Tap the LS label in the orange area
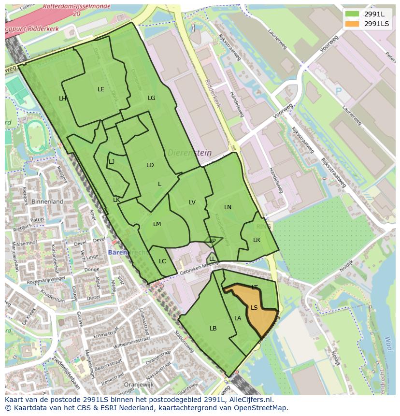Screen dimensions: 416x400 pos(254,308)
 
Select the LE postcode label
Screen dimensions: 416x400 pos(101,89)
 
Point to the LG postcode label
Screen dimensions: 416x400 pos(152,98)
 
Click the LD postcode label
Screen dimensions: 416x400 pos(150,165)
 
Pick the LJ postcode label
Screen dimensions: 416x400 pos(112,162)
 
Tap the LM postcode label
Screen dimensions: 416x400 pos(157,224)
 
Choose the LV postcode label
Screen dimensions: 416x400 pos(192,202)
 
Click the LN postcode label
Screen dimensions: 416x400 pos(228,207)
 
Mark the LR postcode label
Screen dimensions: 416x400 pos(257,240)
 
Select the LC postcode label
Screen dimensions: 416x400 pos(162,261)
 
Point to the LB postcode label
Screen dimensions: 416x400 pos(213,329)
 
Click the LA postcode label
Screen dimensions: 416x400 pos(238,318)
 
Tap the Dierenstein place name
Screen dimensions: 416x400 pos(190,153)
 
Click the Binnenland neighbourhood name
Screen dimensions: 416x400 pos(47,201)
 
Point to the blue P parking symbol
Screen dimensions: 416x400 pos(338,91)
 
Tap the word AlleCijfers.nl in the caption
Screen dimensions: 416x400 pos(249,400)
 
